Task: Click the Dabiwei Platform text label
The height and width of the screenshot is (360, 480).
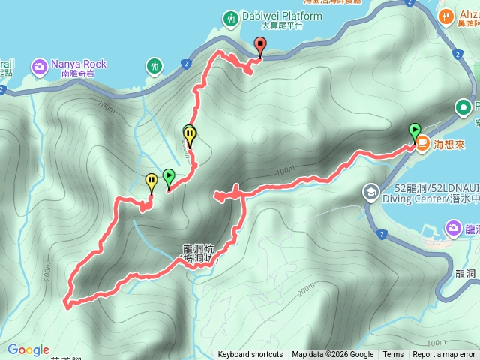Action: pos(272,16)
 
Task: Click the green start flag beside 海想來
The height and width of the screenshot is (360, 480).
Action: pos(414,132)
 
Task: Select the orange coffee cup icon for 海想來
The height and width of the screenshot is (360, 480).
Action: pos(423,141)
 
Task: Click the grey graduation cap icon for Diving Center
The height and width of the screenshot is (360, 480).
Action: pos(370,193)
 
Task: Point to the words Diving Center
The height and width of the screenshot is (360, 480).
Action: pos(409,199)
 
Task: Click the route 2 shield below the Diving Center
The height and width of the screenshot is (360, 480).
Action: pos(382,235)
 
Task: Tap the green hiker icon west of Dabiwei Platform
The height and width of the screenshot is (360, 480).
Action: pos(155,66)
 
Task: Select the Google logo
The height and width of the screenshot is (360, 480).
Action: pos(28,349)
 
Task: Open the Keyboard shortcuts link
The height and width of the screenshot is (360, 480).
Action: pos(250,354)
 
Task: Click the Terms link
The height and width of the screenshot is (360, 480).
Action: pos(393,354)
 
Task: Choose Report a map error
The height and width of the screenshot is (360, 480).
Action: pos(444,354)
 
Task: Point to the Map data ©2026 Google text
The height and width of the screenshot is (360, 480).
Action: pos(332,354)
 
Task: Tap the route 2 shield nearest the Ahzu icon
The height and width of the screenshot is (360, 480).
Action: pos(456,54)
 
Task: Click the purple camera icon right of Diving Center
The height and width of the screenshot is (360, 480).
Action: pos(454,226)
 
